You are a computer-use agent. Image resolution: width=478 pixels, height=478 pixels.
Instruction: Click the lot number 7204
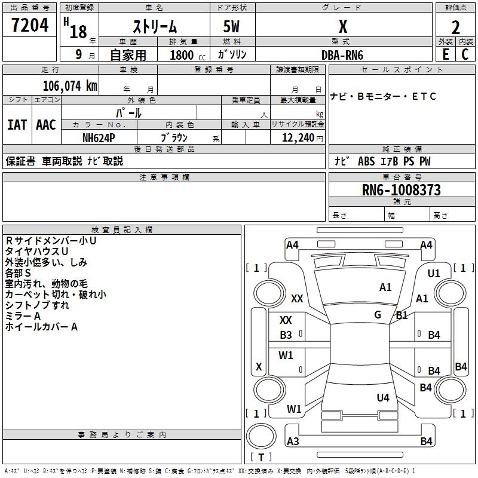30,25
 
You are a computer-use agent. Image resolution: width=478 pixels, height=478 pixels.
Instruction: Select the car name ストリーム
154,27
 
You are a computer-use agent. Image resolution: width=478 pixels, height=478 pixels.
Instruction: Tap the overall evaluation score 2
455,27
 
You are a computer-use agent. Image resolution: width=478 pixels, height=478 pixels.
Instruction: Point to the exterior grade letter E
445,54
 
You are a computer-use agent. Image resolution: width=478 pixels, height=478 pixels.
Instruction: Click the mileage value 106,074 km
70,85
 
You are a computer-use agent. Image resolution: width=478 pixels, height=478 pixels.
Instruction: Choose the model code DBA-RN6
342,55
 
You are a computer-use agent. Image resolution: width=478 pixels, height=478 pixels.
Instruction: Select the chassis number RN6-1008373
402,190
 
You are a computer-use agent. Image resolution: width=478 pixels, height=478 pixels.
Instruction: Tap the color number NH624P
99,137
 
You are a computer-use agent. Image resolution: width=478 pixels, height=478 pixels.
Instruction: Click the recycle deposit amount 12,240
296,137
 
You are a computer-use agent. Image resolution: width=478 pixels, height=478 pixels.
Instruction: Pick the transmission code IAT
17,124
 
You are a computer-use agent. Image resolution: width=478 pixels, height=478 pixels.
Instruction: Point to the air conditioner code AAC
46,124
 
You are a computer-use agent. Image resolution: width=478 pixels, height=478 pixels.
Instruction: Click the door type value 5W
232,27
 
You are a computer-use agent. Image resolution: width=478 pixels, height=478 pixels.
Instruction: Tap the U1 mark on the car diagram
434,273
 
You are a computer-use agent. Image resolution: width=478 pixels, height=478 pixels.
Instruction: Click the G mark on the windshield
378,315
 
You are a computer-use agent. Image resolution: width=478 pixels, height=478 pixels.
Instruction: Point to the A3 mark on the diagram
293,442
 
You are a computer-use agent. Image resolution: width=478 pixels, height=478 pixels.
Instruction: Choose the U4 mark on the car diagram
383,397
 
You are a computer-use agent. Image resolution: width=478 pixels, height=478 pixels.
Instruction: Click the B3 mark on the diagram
286,335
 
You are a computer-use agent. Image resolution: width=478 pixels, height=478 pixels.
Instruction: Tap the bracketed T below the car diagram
261,457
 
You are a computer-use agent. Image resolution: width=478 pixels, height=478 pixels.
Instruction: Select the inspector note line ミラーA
23,315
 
